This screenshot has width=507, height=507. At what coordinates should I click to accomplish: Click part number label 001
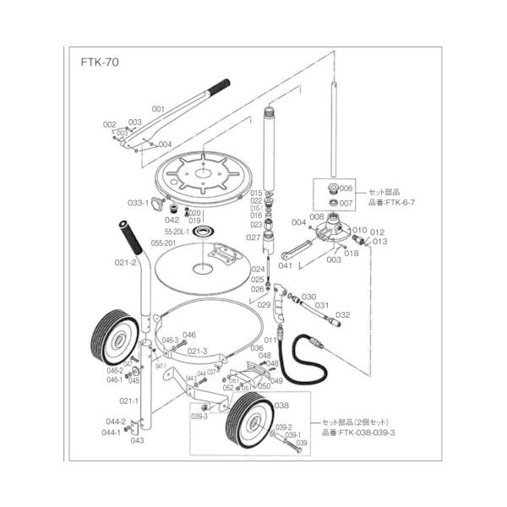158,108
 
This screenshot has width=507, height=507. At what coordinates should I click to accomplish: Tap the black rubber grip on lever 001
219,84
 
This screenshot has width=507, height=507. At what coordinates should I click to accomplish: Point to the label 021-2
126,263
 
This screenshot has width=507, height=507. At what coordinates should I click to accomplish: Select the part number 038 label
282,406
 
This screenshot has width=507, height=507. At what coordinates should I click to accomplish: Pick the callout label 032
342,314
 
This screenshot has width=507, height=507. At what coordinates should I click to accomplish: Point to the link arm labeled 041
298,251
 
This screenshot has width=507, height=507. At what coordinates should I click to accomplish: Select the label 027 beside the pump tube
253,237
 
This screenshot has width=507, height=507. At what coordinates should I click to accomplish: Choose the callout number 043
136,439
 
